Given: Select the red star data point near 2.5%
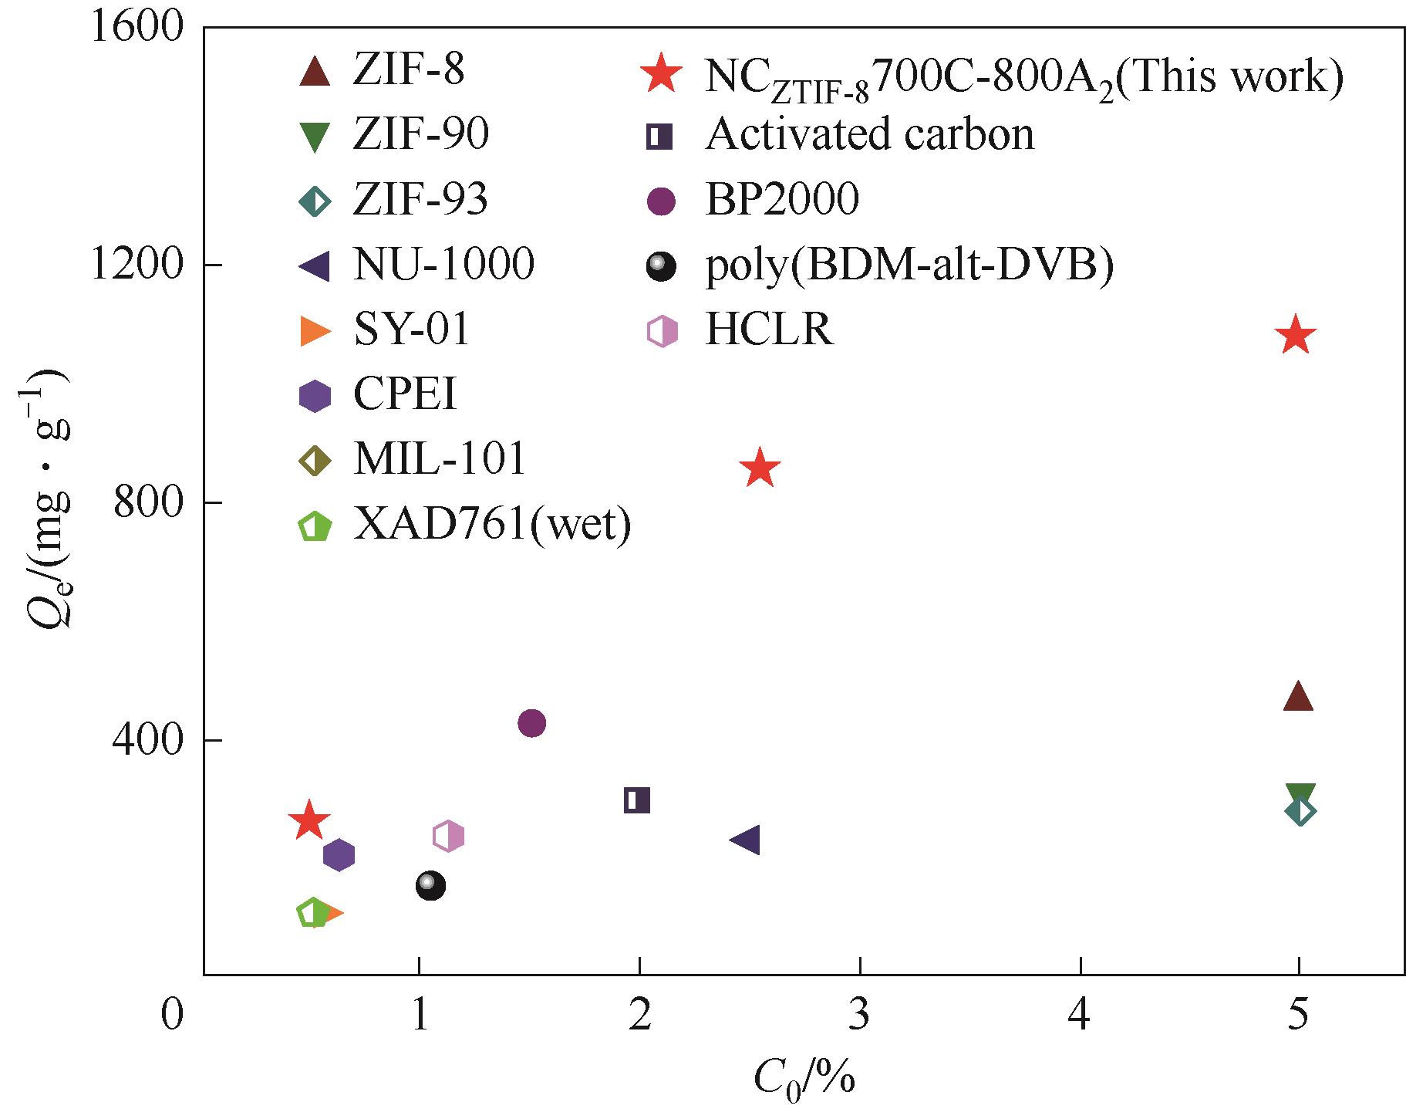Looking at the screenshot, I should pos(760,468).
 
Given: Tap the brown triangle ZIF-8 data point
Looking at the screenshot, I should pos(1298,697).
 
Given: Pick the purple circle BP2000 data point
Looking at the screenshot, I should pos(532,723).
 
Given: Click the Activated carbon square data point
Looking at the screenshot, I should pos(637,800).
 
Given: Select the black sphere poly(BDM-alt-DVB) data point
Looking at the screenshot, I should pos(430,884).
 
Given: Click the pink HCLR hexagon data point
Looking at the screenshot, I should pos(448,836).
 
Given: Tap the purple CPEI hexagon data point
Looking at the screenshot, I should pos(339,854).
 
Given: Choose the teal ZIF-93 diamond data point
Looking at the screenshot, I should pos(1300,811).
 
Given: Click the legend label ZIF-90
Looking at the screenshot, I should pos(421,135).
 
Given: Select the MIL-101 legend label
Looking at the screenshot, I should pos(440,460).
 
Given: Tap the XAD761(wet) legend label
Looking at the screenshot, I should pos(492,526).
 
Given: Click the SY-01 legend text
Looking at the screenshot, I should pos(411,330).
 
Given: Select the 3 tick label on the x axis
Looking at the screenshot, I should pos(859,1016).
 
